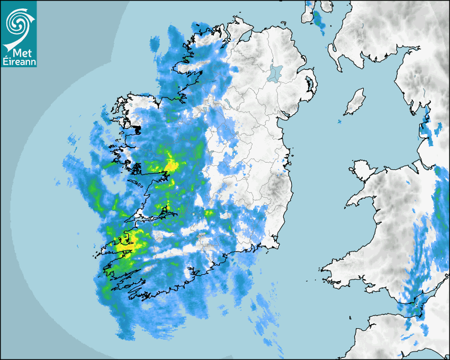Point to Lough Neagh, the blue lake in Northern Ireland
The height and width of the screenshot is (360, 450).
274,73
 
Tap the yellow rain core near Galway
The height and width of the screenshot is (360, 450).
170,165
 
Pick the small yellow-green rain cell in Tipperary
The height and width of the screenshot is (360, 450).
209,213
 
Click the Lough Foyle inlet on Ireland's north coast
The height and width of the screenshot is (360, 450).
246,37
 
